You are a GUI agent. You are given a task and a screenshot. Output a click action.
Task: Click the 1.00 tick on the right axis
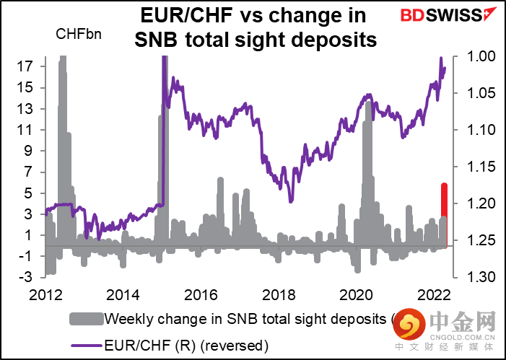[476, 56]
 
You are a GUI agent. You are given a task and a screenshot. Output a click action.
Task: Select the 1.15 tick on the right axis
[476, 167]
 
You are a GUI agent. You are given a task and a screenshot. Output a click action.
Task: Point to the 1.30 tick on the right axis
[476, 278]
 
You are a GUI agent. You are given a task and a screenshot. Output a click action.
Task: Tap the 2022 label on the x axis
[435, 296]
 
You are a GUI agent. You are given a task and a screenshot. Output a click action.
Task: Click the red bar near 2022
[445, 200]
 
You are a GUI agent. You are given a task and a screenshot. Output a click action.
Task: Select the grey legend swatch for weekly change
[86, 318]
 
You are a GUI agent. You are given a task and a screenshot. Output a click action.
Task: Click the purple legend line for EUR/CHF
[86, 345]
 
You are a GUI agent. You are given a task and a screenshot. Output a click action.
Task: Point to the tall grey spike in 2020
[368, 144]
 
